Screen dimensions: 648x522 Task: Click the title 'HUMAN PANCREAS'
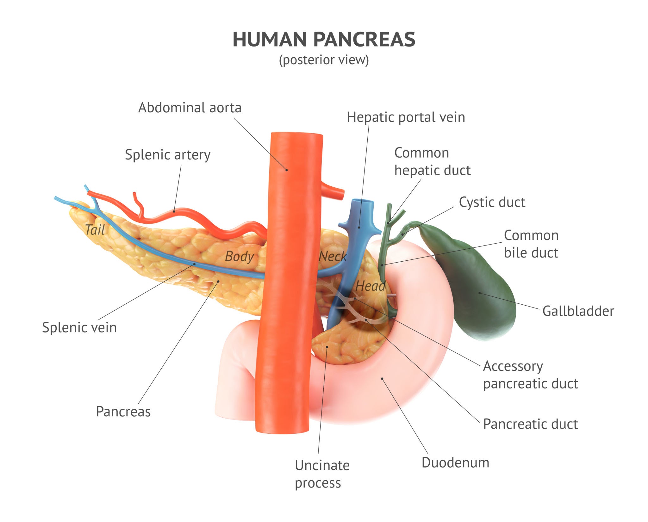pos(324,40)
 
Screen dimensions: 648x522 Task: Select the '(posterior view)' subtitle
pos(324,60)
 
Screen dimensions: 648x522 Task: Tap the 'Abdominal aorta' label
pos(190,108)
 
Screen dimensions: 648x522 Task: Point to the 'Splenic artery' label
pos(167,155)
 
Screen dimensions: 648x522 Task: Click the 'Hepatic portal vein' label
pos(406,117)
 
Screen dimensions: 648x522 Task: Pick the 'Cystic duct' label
pos(492,202)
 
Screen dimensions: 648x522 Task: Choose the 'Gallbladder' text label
pos(578,311)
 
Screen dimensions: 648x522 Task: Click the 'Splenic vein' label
pos(79,327)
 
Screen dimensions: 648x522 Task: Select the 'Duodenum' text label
pos(455,463)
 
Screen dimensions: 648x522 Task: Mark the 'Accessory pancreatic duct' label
pos(530,375)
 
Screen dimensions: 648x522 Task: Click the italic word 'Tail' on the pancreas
pos(95,230)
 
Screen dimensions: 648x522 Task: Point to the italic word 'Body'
pos(239,257)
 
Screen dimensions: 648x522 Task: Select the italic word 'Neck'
pos(333,257)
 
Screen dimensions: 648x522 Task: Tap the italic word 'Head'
pos(370,286)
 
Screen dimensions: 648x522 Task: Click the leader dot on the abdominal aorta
pos(287,170)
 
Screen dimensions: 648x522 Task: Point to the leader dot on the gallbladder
pos(480,293)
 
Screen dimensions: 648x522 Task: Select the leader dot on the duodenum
pos(382,379)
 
